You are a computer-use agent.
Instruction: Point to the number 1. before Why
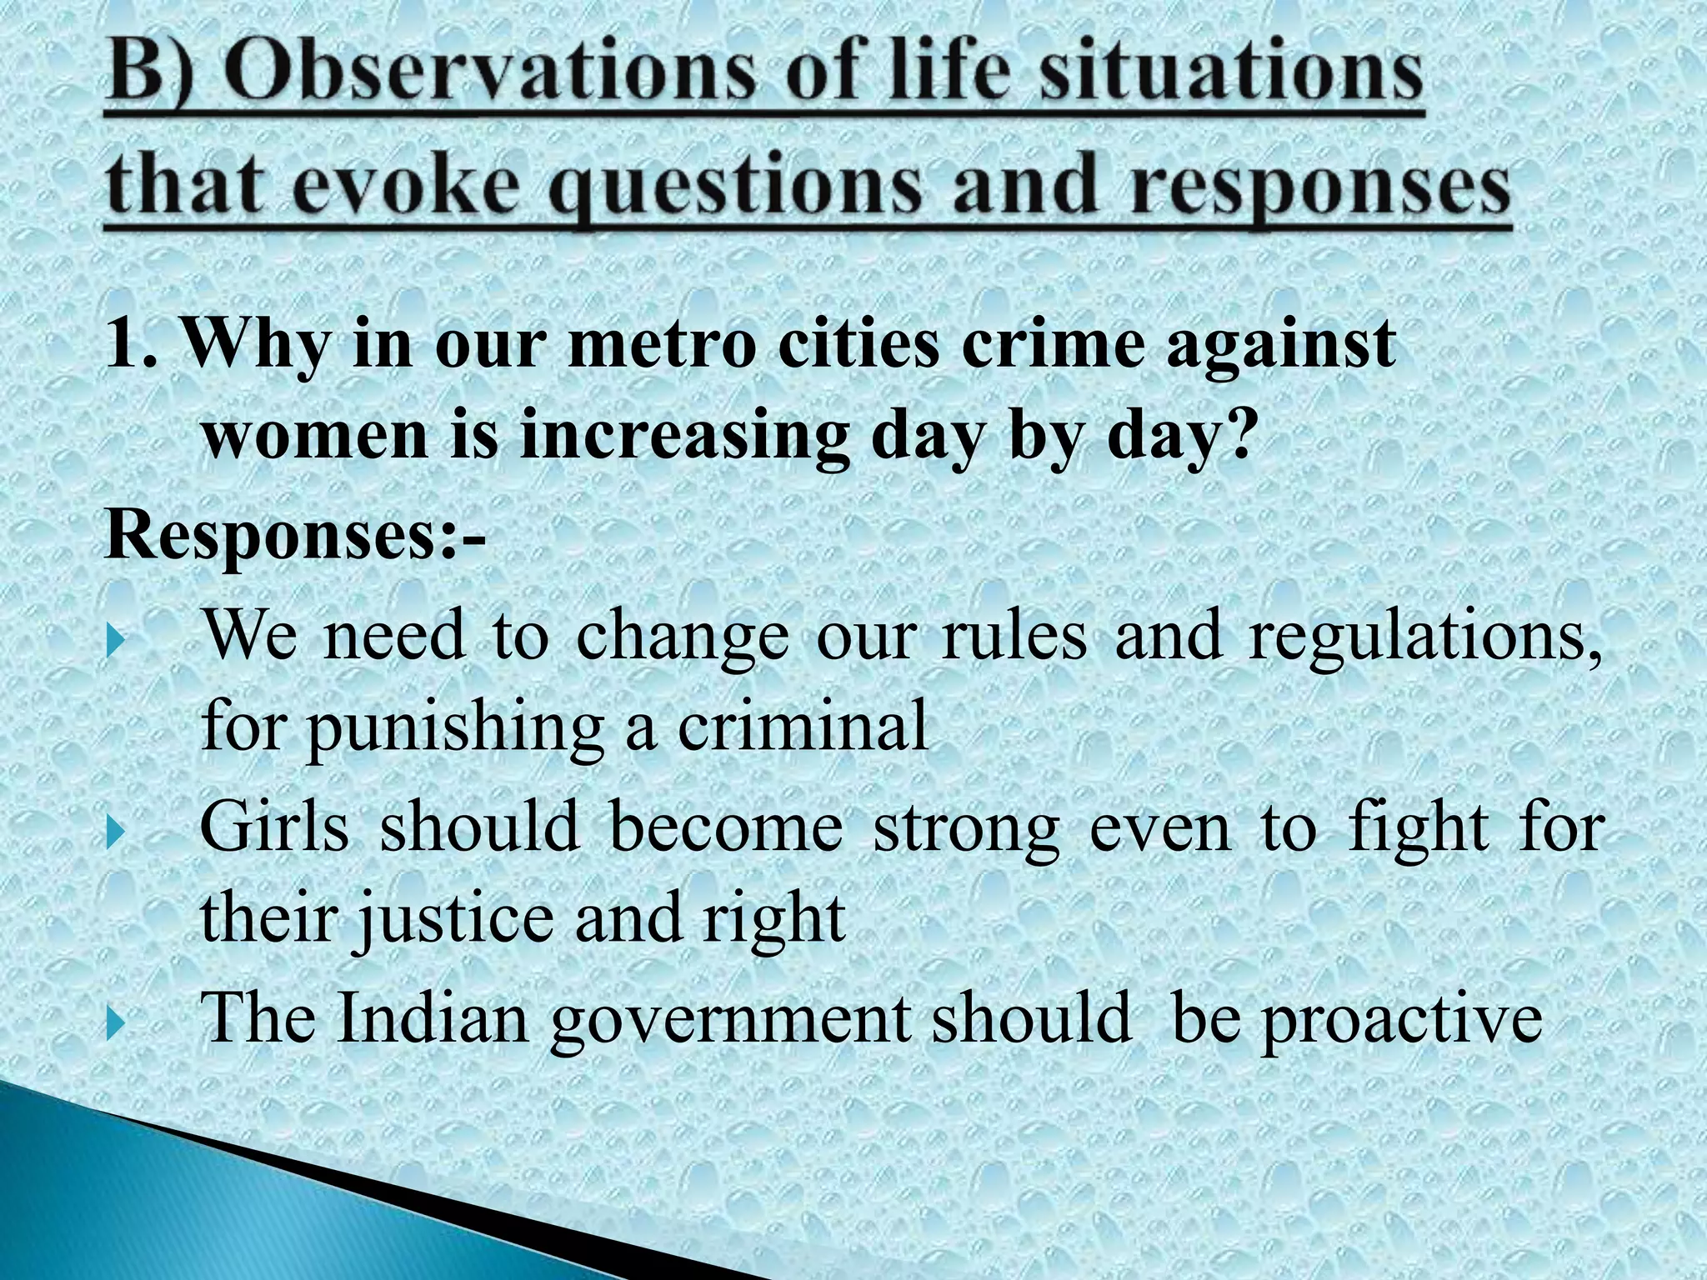pyautogui.click(x=132, y=345)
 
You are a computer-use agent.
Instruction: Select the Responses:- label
pyautogui.click(x=296, y=535)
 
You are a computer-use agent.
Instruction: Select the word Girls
pyautogui.click(x=274, y=828)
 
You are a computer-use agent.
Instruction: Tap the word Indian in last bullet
pyautogui.click(x=433, y=1019)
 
